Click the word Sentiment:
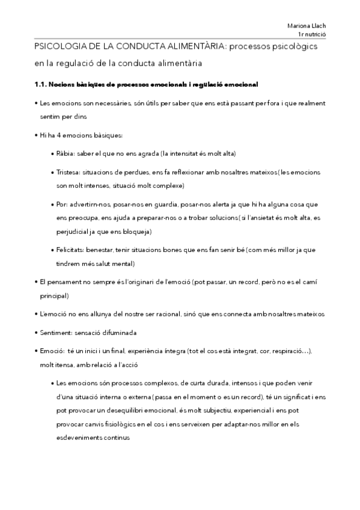click(56, 332)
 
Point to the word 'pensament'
click(66, 282)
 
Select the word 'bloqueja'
click(136, 232)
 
